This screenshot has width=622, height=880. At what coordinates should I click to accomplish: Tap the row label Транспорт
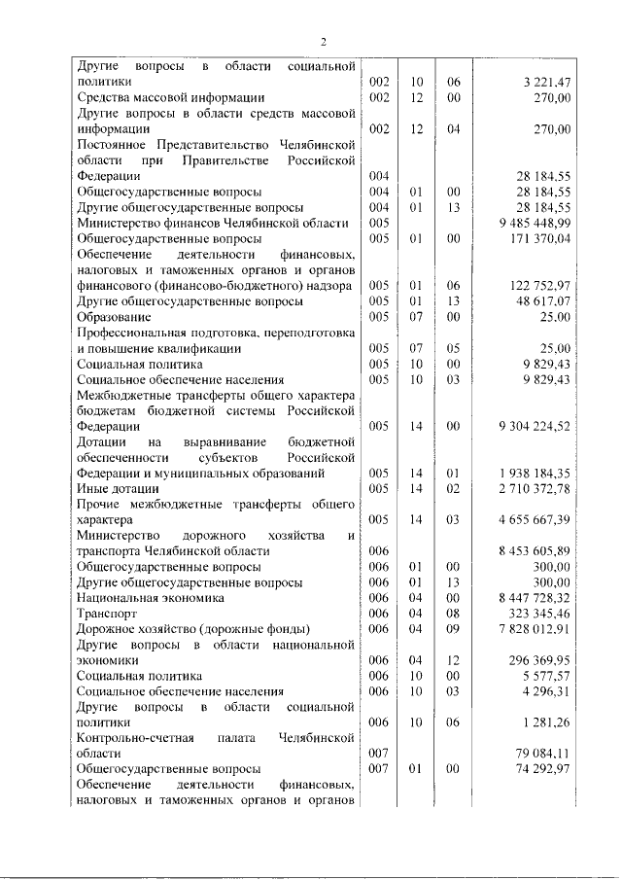tap(105, 615)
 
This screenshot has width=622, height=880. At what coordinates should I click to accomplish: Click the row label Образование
tap(114, 316)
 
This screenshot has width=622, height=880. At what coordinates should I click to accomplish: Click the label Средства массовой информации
tap(170, 97)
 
